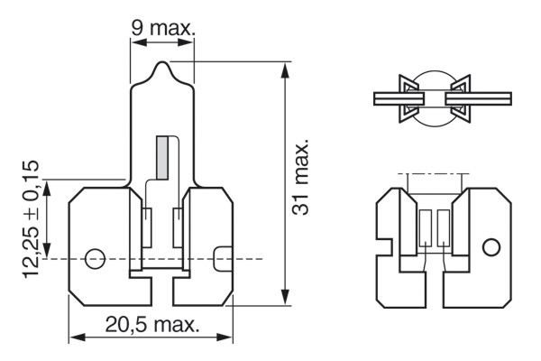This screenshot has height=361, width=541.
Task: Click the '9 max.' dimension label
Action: [x=162, y=28]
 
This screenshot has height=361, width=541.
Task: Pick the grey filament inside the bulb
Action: [x=163, y=154]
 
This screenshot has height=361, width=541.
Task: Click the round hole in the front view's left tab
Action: [x=93, y=258]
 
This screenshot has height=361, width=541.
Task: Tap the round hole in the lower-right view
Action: [x=491, y=246]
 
